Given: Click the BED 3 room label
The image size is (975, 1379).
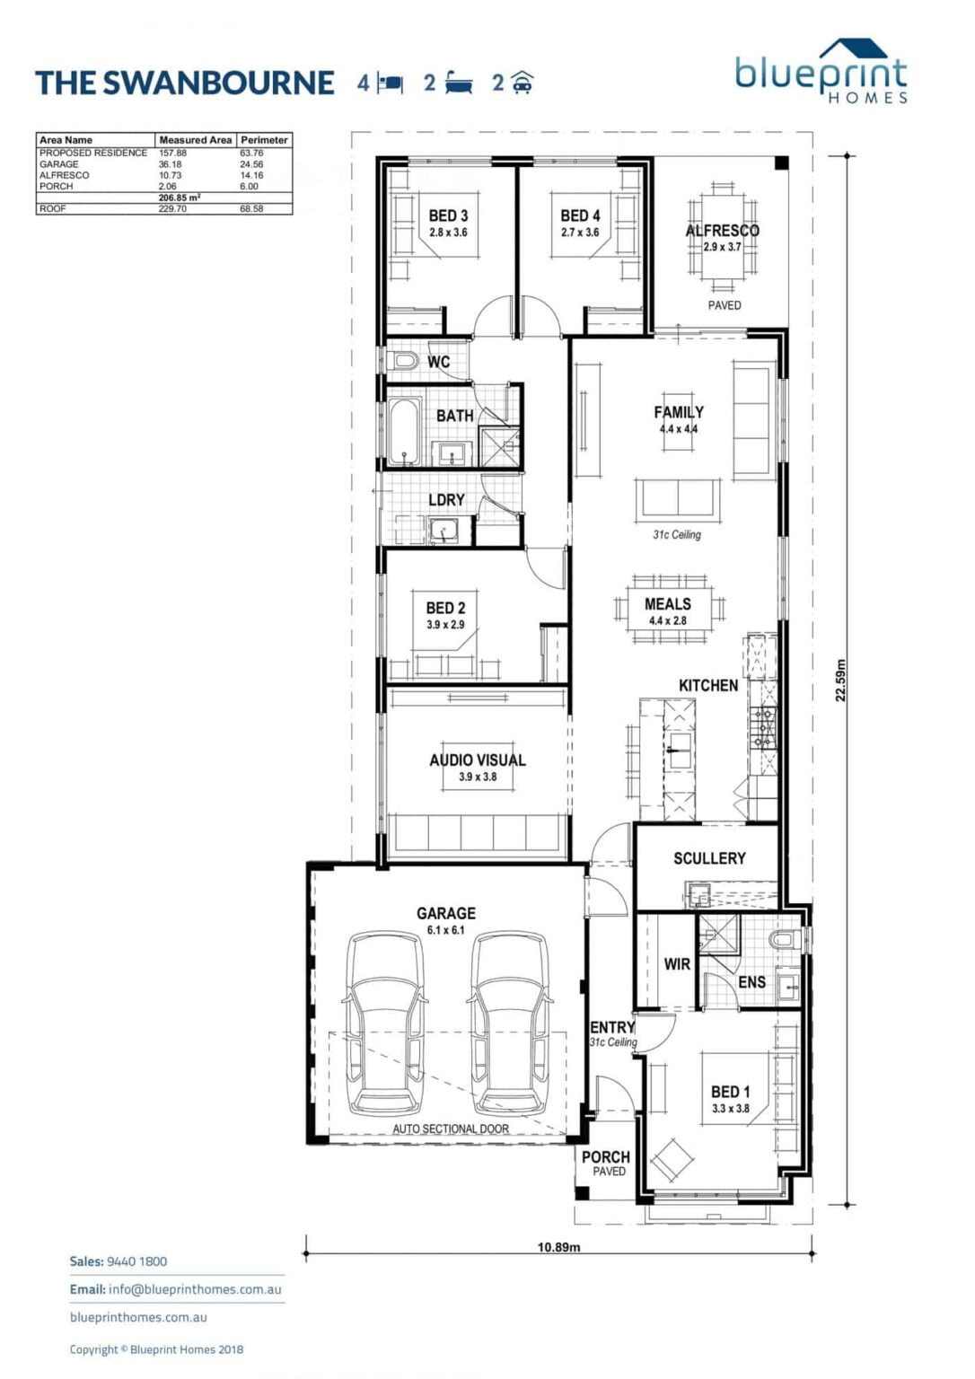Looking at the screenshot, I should coord(448,215).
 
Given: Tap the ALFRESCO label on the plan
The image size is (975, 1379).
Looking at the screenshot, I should coord(722,231).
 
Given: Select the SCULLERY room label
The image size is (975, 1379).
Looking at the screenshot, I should coord(709,858).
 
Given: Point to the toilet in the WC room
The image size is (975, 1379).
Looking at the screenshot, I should coord(405,361).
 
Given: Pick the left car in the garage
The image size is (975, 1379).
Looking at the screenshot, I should coord(384,1023).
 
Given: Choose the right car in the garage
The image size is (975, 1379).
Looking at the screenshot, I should coord(509,1023).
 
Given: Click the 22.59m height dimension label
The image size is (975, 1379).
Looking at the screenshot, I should coord(841,681).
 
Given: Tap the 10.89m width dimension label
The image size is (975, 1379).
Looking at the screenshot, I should coord(558,1247).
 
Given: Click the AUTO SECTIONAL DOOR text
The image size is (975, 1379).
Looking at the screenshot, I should coord(451,1129).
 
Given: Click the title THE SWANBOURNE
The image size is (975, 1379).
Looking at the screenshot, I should coord(185,83).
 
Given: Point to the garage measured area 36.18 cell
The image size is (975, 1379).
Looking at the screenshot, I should coord(170,164).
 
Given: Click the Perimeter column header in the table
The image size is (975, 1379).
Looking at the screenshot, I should coord(264,140).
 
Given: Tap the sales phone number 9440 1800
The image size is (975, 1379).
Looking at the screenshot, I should coord(136,1261).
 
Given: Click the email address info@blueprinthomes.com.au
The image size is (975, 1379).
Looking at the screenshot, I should coord(195,1289).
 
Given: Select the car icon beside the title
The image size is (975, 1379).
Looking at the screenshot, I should coord(522,83).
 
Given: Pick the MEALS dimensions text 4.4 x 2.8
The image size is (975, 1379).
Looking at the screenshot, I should coord(667,620).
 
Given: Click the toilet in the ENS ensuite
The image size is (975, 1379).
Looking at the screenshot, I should coord(784,940).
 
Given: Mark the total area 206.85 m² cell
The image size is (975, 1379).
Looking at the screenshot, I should coord(179,198).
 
